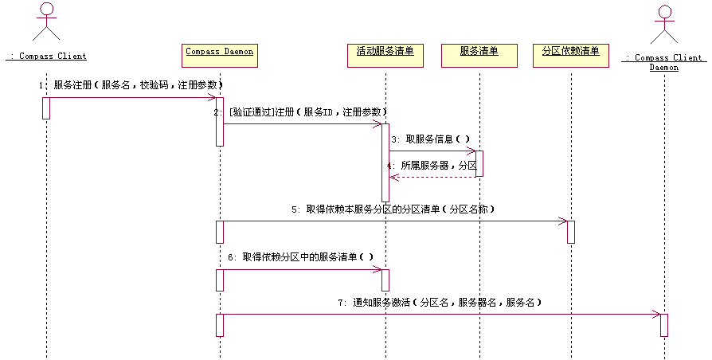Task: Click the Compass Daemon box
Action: pyautogui.click(x=220, y=54)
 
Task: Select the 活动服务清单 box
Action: pyautogui.click(x=385, y=54)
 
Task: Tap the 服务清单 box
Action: pyautogui.click(x=479, y=54)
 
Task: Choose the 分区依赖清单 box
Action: pyautogui.click(x=570, y=54)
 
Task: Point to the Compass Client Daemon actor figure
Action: pyautogui.click(x=663, y=24)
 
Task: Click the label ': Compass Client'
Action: pyautogui.click(x=46, y=57)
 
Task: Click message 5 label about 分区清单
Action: pyautogui.click(x=393, y=209)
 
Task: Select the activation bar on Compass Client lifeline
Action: pyautogui.click(x=46, y=108)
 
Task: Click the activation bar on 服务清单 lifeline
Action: pyautogui.click(x=479, y=163)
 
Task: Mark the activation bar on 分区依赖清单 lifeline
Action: pyautogui.click(x=570, y=232)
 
